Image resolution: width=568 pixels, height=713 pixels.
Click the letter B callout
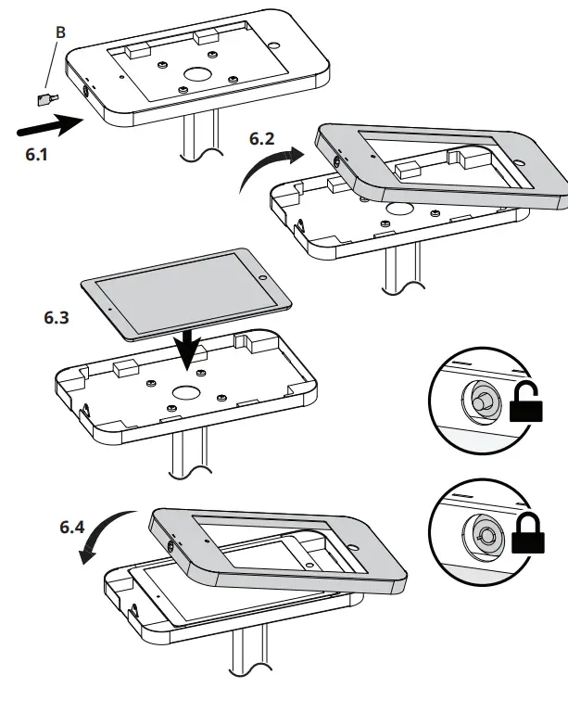pyautogui.click(x=60, y=32)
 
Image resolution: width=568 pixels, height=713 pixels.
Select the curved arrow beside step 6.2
pyautogui.click(x=267, y=170)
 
